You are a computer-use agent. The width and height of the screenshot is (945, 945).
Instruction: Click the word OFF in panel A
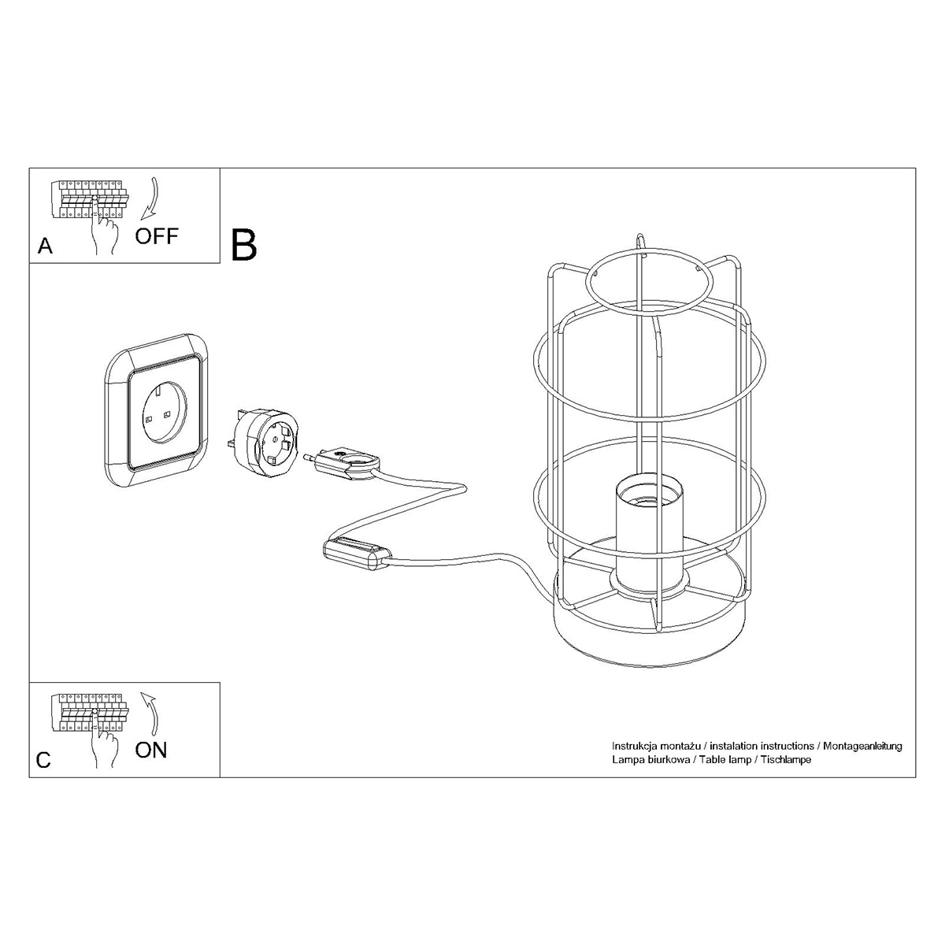157,235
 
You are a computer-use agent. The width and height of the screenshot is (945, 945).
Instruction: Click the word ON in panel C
151,750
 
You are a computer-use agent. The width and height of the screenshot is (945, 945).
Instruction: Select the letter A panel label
46,246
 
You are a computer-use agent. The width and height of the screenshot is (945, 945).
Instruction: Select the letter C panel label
44,760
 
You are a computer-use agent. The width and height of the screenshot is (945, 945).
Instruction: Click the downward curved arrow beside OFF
148,198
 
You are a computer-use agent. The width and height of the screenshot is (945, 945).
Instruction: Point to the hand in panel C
102,747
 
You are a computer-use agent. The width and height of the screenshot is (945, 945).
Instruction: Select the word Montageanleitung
862,745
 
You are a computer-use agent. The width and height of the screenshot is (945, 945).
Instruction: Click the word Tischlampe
784,760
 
